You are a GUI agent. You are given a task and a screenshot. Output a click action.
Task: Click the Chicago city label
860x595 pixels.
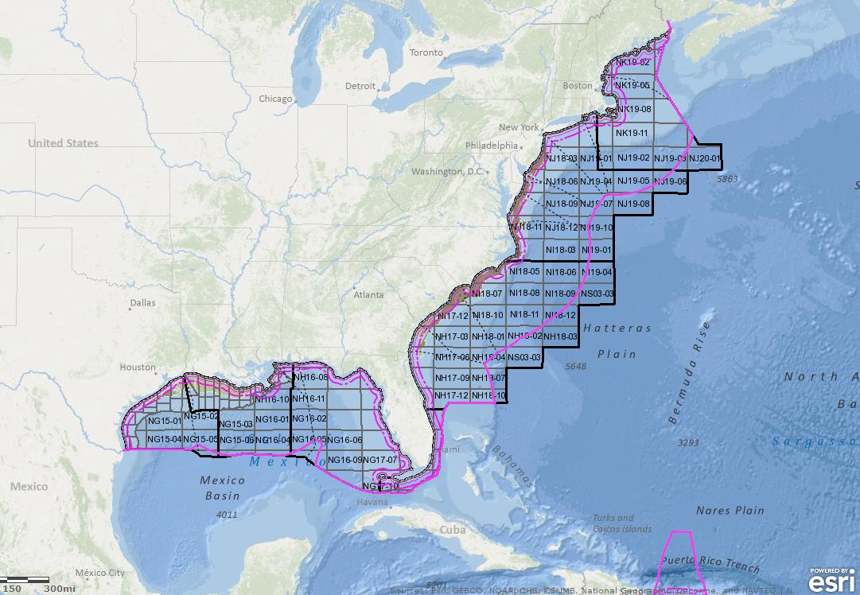click(x=275, y=99)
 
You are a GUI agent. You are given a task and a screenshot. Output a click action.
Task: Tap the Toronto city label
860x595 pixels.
click(x=426, y=52)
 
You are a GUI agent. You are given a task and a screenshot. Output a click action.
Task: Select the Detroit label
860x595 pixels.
click(x=360, y=86)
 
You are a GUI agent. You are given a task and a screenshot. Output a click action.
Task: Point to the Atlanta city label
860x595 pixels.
click(x=369, y=294)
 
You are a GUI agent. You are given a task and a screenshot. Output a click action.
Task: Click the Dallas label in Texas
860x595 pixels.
click(x=144, y=302)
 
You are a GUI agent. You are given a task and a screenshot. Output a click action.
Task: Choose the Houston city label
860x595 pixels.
click(x=137, y=367)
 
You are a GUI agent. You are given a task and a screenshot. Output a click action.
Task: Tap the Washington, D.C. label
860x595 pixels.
click(x=447, y=171)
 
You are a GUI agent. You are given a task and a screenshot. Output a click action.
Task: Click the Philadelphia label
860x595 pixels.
click(x=492, y=146)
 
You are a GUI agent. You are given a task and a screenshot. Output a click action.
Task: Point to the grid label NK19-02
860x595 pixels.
click(x=633, y=62)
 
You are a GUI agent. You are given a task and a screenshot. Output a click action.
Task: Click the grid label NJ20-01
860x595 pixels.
click(x=705, y=159)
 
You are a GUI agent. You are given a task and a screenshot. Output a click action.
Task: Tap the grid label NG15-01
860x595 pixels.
click(x=165, y=420)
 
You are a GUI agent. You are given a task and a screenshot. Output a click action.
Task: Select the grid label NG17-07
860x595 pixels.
click(x=379, y=460)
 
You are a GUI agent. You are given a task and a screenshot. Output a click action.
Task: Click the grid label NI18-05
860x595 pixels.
click(x=525, y=272)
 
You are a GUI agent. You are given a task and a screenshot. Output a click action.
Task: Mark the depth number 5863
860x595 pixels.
click(x=727, y=180)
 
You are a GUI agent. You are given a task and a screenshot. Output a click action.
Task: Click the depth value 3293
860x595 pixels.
click(x=687, y=441)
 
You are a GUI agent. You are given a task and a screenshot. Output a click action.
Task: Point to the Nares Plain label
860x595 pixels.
click(x=730, y=510)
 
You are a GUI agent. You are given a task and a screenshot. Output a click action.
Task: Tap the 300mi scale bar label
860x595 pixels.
click(x=60, y=588)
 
